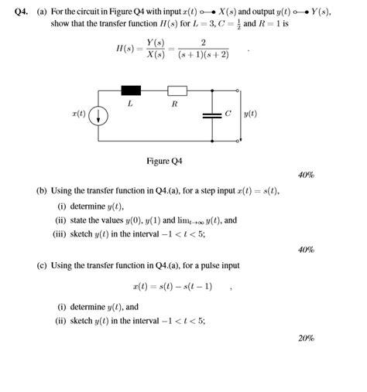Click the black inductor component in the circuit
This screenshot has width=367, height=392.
pyautogui.click(x=129, y=90)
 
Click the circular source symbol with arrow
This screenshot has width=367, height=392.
pyautogui.click(x=100, y=116)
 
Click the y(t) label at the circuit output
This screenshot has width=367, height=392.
pyautogui.click(x=249, y=114)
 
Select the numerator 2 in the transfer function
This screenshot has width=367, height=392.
pyautogui.click(x=203, y=43)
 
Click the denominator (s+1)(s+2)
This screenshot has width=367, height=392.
pyautogui.click(x=203, y=56)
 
